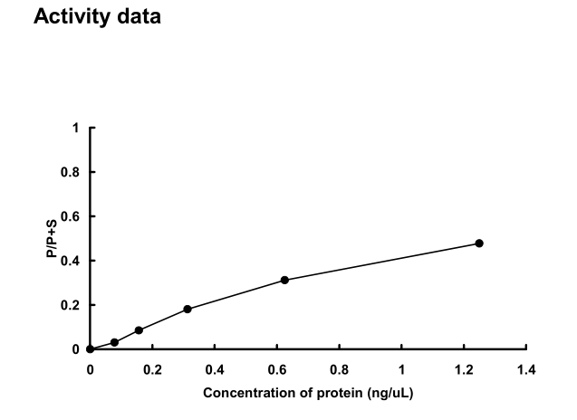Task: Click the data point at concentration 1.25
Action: [x=479, y=243]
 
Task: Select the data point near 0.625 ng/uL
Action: [x=284, y=280]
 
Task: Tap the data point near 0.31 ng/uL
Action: [x=188, y=309]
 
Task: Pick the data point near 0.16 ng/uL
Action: [x=139, y=330]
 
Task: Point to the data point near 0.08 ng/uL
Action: [x=114, y=342]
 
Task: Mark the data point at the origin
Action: [x=90, y=348]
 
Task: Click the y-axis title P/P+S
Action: [x=53, y=238]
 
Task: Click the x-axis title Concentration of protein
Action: [x=309, y=394]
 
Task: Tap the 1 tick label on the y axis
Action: [x=77, y=128]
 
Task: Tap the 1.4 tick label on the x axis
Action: [x=526, y=369]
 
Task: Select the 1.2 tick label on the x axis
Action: [x=464, y=369]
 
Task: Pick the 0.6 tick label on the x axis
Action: [x=277, y=369]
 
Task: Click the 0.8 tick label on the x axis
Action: [x=340, y=369]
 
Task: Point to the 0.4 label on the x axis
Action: [x=215, y=369]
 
